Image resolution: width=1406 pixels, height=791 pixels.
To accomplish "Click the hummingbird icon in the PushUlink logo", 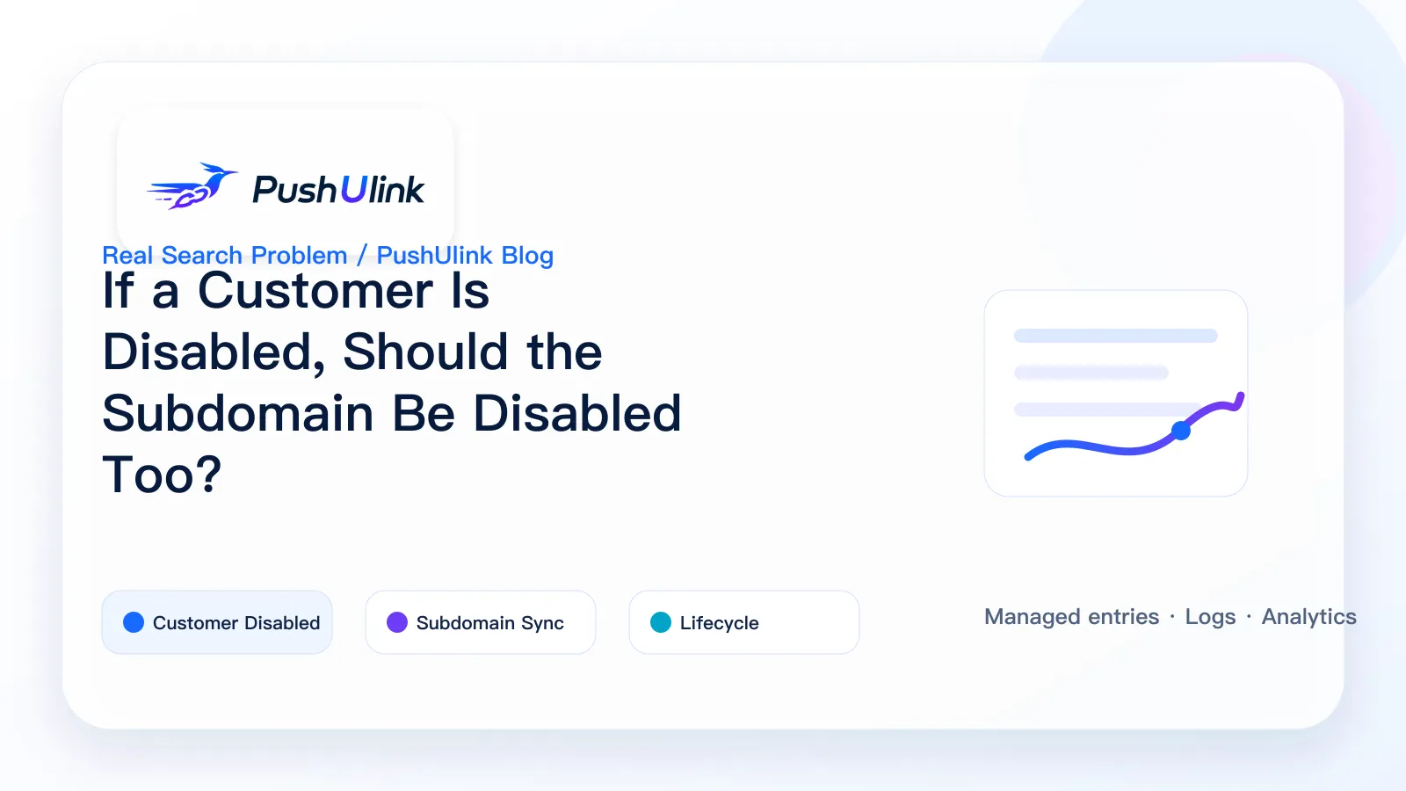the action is [x=193, y=185].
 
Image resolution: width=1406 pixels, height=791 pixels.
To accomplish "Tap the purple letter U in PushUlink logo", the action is [x=353, y=189].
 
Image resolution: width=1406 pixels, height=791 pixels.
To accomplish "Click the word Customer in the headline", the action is [x=315, y=291].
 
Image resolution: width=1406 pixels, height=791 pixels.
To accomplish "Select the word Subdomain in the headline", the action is [x=238, y=413].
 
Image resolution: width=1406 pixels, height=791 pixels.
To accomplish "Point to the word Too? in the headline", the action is [x=162, y=475].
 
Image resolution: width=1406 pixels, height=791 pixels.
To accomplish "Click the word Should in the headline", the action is [x=425, y=352].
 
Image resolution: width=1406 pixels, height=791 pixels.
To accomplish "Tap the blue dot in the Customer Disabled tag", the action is [x=133, y=622].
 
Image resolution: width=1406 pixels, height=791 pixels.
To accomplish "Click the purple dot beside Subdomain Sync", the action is [x=396, y=622].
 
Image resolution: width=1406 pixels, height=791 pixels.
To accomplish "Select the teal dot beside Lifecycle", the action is [x=660, y=622].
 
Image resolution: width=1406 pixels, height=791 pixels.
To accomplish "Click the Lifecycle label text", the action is [x=720, y=623].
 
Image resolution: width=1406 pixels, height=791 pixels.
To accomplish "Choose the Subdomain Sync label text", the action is [x=490, y=623].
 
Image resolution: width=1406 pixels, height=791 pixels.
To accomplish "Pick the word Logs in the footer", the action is [x=1210, y=617].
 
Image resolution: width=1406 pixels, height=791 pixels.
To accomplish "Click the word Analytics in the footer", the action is [x=1308, y=617].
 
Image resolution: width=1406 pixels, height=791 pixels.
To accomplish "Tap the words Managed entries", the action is [x=1071, y=616].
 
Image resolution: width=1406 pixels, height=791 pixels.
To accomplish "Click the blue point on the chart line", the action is [x=1181, y=431].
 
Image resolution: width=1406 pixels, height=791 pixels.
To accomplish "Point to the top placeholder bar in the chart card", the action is [x=1116, y=336].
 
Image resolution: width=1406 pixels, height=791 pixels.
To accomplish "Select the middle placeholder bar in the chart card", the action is [x=1091, y=373].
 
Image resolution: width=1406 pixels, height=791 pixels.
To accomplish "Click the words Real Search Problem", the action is [x=225, y=256].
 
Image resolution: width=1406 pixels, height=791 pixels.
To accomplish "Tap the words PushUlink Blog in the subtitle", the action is [x=465, y=256].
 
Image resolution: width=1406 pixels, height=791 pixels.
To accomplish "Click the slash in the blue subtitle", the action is [x=362, y=256].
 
